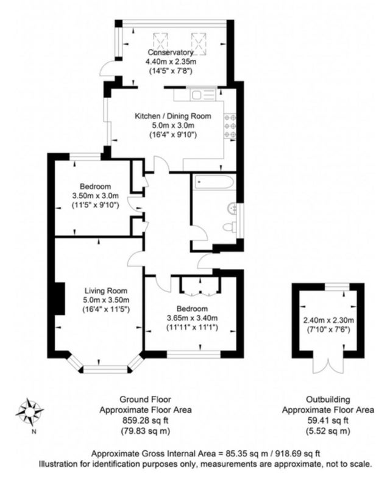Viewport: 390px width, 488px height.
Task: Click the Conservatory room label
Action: pyautogui.click(x=171, y=52)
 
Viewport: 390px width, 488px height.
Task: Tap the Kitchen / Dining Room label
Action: pyautogui.click(x=173, y=116)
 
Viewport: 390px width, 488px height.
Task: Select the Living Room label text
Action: pyautogui.click(x=106, y=291)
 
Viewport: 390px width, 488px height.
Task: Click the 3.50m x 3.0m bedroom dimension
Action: pyautogui.click(x=96, y=196)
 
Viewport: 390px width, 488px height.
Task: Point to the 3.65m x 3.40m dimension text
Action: pyautogui.click(x=192, y=318)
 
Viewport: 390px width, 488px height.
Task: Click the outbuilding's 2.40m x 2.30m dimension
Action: pyautogui.click(x=328, y=320)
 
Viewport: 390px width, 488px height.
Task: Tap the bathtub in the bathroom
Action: pyautogui.click(x=213, y=182)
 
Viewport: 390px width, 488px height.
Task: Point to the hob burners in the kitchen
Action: pyautogui.click(x=230, y=126)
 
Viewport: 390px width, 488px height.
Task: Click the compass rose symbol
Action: pyautogui.click(x=29, y=412)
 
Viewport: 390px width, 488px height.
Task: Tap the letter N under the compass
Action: pyautogui.click(x=34, y=432)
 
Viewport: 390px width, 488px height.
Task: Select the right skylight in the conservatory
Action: pyautogui.click(x=199, y=44)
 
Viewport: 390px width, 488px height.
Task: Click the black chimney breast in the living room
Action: pyautogui.click(x=60, y=299)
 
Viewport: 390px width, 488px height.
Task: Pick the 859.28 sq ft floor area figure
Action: pyautogui.click(x=146, y=420)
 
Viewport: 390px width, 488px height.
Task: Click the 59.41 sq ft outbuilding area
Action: pyautogui.click(x=328, y=420)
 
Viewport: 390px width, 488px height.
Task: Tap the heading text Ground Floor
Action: pyautogui.click(x=146, y=400)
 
